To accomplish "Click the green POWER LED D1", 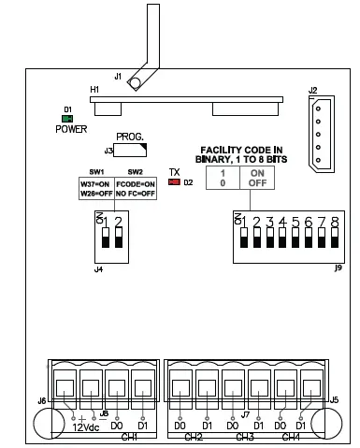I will pyautogui.click(x=68, y=119).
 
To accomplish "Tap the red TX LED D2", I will pyautogui.click(x=173, y=181).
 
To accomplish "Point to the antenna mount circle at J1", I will pyautogui.click(x=135, y=84).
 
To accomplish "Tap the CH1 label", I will pyautogui.click(x=129, y=437).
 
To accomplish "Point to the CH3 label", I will pyautogui.click(x=244, y=437).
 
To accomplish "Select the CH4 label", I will pyautogui.click(x=291, y=437).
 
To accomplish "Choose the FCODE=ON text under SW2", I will pyautogui.click(x=136, y=184).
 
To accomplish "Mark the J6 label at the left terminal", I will pyautogui.click(x=40, y=401).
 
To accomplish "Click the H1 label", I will pyautogui.click(x=94, y=90).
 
